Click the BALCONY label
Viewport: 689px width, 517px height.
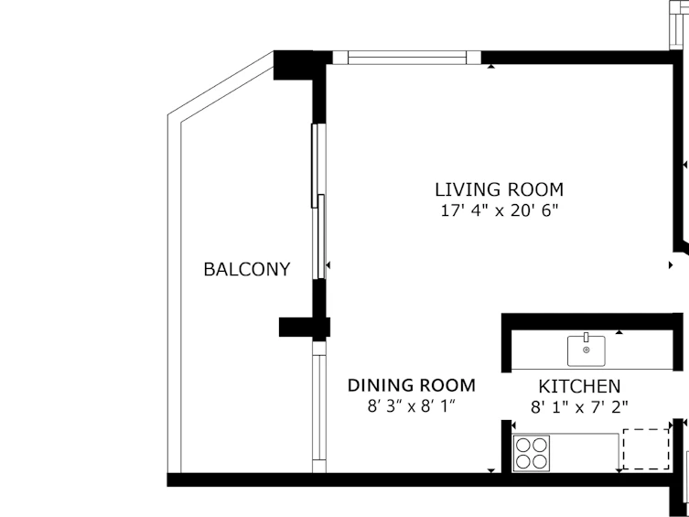pos(247,269)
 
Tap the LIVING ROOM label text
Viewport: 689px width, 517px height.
pos(500,189)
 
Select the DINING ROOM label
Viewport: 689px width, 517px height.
pos(411,385)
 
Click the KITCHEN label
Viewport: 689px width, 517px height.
pos(579,386)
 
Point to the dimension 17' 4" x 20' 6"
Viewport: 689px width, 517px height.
pos(500,210)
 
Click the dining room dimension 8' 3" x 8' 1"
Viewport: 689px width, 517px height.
pos(411,406)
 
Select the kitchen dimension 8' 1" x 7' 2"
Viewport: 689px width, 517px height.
pos(579,407)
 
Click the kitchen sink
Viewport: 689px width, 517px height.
pos(587,350)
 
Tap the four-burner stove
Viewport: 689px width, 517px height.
pos(532,453)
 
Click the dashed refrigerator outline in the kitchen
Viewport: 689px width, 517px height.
pos(646,449)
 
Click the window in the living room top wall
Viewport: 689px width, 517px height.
pos(407,58)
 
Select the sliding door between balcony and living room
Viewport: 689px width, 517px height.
pos(319,201)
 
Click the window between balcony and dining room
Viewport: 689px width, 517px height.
pos(319,407)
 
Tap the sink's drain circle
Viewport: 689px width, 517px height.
pos(587,350)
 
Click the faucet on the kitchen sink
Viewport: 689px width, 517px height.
pos(587,337)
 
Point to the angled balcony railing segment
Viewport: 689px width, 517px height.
pos(221,86)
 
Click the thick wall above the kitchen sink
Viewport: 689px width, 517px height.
pos(592,320)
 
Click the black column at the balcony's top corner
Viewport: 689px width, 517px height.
pos(293,66)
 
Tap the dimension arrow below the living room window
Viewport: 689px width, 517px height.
pos(490,66)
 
